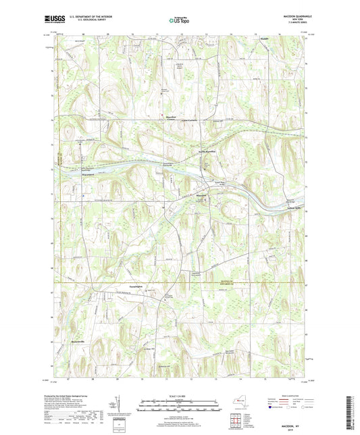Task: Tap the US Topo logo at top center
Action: (178, 20)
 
